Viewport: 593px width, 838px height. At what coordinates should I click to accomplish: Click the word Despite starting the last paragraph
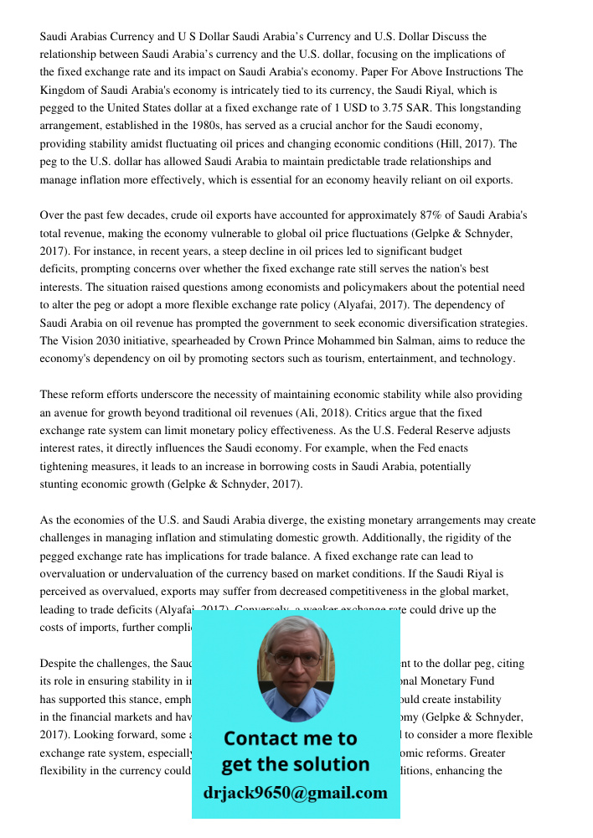click(x=61, y=664)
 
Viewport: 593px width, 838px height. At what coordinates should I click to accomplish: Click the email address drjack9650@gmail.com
click(x=296, y=793)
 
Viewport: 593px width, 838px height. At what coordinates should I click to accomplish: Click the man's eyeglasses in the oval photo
click(x=295, y=660)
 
